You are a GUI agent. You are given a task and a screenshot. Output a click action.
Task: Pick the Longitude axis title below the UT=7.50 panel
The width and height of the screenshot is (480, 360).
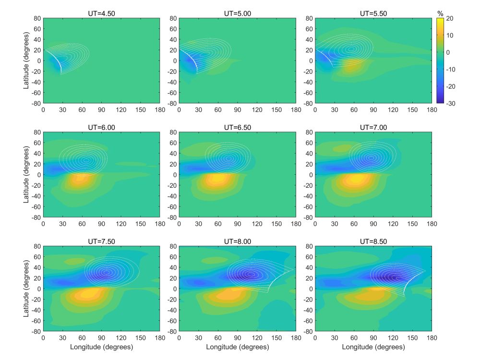tap(102, 346)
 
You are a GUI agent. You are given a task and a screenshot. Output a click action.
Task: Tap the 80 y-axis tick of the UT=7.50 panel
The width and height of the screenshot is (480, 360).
tap(37, 246)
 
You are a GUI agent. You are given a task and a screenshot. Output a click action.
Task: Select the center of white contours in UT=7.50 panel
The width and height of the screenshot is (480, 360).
tap(106, 272)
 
